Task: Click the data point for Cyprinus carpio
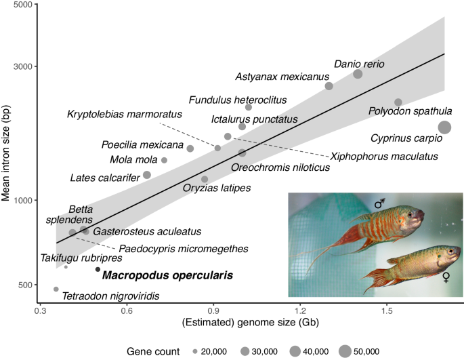[x=445, y=127]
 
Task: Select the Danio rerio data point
[x=358, y=74]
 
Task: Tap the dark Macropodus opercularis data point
[x=98, y=269]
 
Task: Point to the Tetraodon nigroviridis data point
[x=56, y=289]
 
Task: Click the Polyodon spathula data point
[x=398, y=102]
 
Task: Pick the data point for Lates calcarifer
[x=147, y=175]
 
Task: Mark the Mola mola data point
[x=164, y=160]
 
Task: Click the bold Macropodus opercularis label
[x=167, y=276]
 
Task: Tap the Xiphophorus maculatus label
[x=383, y=157]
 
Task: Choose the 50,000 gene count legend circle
[x=345, y=351]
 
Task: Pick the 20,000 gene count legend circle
[x=194, y=351]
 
